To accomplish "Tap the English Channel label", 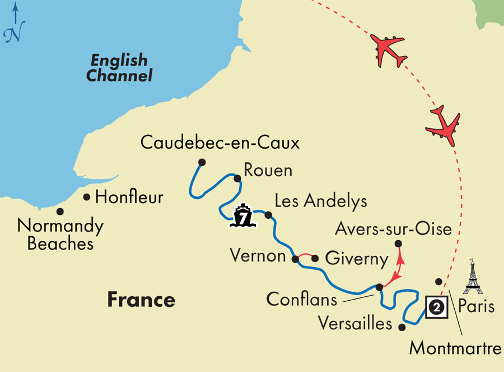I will pos(119,68).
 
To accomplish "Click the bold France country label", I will pos(141,300).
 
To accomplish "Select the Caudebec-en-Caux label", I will pos(220,143).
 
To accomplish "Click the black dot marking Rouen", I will pos(237,178).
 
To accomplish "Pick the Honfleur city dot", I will pos(87,197).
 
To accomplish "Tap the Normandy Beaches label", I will pos(60,235).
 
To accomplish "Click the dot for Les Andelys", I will pos(268,215).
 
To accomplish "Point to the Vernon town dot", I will pos(295,259).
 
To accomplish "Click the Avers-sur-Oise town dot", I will pos(398,244).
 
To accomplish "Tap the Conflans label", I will pos(302,299).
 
